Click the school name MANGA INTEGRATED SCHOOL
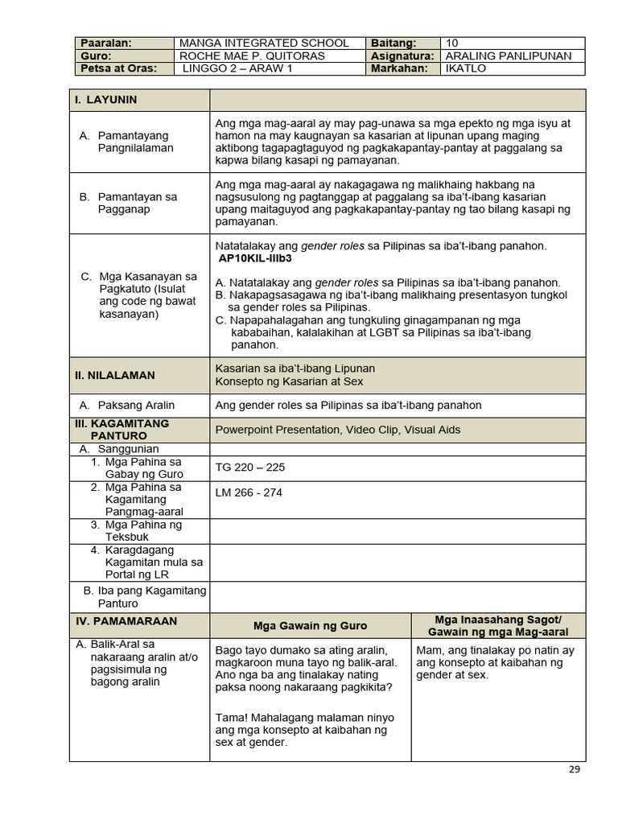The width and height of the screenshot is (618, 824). (x=264, y=43)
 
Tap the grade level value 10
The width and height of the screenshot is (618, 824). (x=451, y=43)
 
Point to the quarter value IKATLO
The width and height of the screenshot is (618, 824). (x=466, y=68)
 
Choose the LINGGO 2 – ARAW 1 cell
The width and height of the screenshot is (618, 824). (x=237, y=68)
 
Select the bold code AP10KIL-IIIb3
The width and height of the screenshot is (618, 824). (x=255, y=259)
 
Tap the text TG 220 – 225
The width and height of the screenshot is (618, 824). (x=250, y=467)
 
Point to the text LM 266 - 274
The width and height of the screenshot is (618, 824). (x=249, y=492)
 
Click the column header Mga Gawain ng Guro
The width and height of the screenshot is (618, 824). (x=310, y=625)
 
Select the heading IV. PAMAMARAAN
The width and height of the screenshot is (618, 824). (x=126, y=621)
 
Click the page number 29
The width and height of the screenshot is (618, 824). (x=574, y=769)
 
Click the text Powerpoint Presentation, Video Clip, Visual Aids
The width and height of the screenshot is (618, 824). (x=338, y=430)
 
